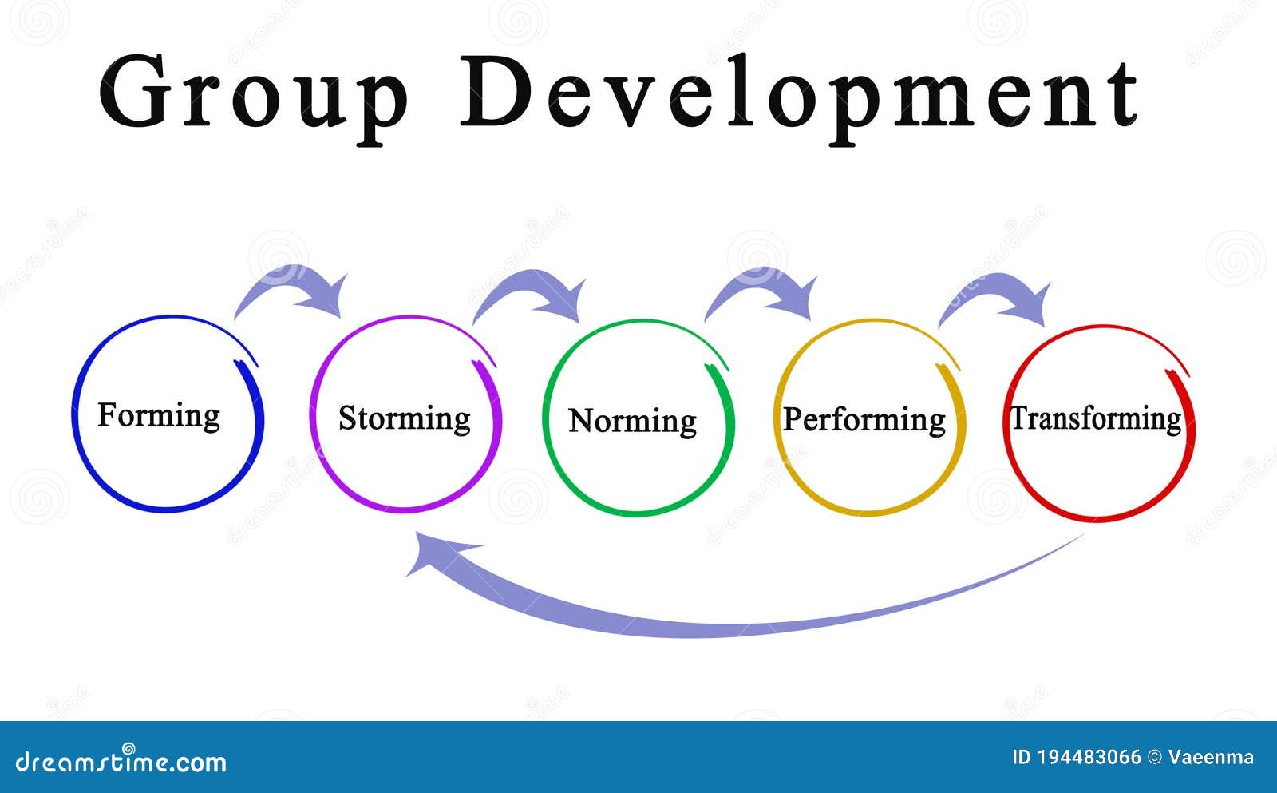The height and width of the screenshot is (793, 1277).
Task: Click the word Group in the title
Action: tap(254, 96)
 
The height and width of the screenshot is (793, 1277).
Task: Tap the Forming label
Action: tap(159, 417)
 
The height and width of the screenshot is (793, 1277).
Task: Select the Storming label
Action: tap(405, 419)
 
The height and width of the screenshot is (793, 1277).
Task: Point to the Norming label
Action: tap(633, 422)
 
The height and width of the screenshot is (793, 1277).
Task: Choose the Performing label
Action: tap(864, 421)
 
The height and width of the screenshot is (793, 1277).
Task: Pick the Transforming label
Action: tap(1096, 419)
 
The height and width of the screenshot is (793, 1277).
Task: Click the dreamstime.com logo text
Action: tap(121, 761)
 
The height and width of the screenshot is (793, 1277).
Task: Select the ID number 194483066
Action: tap(1089, 758)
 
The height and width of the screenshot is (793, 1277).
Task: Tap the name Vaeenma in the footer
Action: tap(1211, 758)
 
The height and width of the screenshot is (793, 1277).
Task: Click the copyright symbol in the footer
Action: tap(1154, 758)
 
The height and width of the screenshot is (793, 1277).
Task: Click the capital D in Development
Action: tap(496, 90)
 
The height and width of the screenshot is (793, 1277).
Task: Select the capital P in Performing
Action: tap(793, 418)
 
